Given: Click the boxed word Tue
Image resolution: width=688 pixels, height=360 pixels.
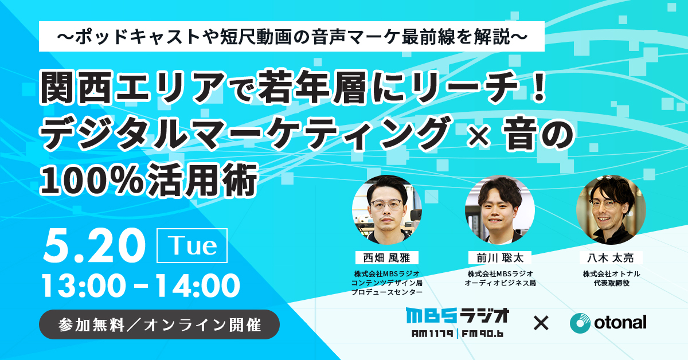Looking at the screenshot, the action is pyautogui.click(x=192, y=245).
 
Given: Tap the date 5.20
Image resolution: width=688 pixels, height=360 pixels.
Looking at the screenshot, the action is pyautogui.click(x=94, y=246).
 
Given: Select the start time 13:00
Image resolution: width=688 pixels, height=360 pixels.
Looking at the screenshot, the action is pyautogui.click(x=84, y=286).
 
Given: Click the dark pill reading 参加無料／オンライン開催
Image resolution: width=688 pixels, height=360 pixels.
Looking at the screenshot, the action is pyautogui.click(x=159, y=324).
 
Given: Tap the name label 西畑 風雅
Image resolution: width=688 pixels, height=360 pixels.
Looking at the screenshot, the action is pyautogui.click(x=386, y=258).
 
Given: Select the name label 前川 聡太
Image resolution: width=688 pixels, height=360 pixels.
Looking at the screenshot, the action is pyautogui.click(x=500, y=258).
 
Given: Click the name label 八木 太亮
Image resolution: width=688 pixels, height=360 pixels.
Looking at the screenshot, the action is pyautogui.click(x=611, y=258).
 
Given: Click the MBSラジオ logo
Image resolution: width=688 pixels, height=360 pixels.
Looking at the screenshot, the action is pyautogui.click(x=458, y=322).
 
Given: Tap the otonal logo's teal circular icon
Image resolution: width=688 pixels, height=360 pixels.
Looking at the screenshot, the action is pyautogui.click(x=580, y=323).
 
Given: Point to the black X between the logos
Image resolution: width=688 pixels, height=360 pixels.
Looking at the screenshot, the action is pyautogui.click(x=541, y=323).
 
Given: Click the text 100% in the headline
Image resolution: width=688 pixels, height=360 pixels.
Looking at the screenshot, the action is pyautogui.click(x=92, y=181).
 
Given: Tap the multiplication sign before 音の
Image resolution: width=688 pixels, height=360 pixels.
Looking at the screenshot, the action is pyautogui.click(x=479, y=135).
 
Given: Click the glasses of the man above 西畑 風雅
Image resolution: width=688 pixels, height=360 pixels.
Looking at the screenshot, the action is pyautogui.click(x=386, y=204).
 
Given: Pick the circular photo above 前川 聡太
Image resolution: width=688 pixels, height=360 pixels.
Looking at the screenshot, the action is pyautogui.click(x=500, y=210).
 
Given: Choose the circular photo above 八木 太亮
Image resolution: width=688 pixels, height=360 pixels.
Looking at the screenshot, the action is pyautogui.click(x=611, y=210).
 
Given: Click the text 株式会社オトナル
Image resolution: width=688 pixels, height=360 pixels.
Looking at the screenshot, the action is pyautogui.click(x=611, y=273).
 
